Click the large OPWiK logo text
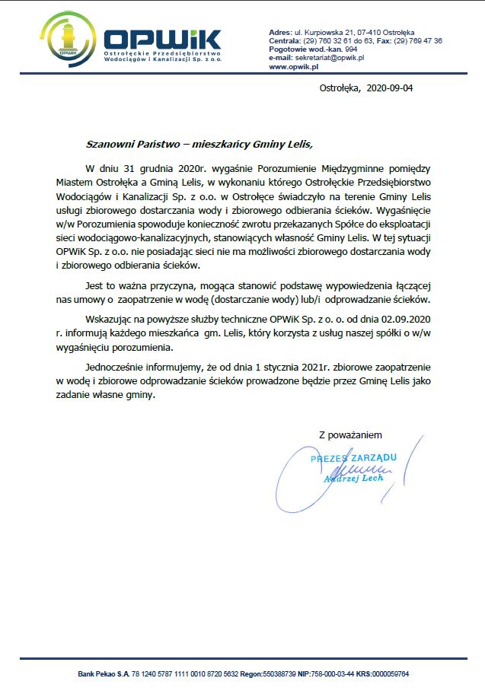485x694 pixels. click(x=161, y=40)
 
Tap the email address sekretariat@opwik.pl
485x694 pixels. click(x=332, y=57)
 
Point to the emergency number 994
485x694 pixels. click(x=351, y=49)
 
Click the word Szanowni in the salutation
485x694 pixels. click(x=110, y=142)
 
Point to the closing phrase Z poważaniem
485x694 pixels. click(x=350, y=435)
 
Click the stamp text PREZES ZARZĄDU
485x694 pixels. click(x=353, y=458)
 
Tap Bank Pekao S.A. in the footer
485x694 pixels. click(x=104, y=674)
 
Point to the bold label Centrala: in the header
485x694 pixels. click(x=286, y=40)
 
